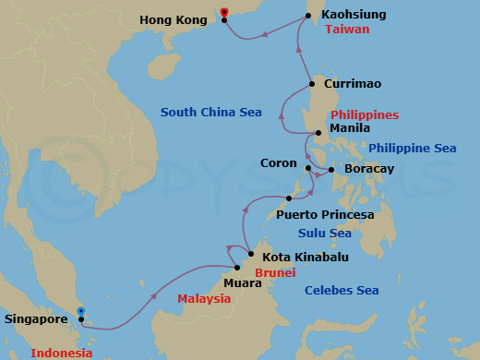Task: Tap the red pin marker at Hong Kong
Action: (224, 13)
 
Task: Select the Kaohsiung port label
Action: (354, 16)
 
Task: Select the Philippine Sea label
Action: (412, 148)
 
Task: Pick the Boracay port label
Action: (368, 170)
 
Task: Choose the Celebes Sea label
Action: (342, 291)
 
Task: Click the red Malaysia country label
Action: (204, 299)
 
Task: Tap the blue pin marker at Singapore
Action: (81, 312)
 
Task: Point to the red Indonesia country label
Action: (62, 353)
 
